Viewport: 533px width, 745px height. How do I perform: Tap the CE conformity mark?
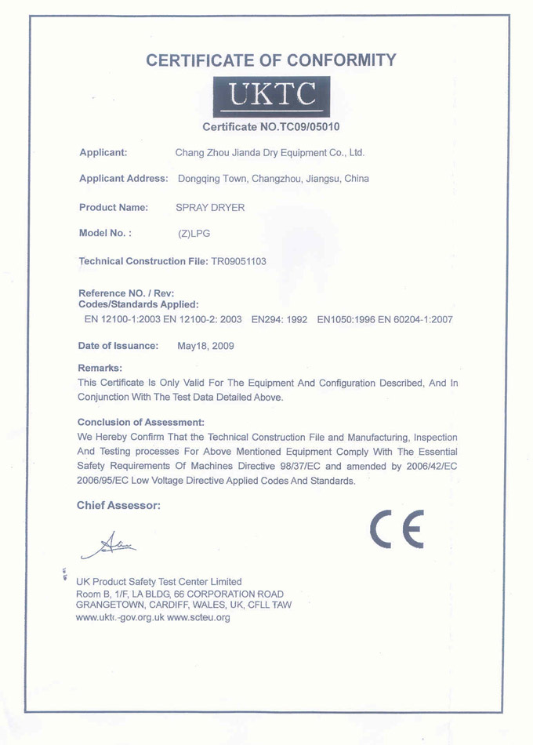[397, 529]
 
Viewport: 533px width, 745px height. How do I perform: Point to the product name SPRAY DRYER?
[210, 208]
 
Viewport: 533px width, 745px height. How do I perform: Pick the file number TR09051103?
[238, 261]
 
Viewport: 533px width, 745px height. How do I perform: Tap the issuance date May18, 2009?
[205, 346]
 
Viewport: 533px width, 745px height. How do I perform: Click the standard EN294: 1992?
[279, 320]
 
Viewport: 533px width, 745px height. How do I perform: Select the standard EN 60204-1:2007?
[415, 320]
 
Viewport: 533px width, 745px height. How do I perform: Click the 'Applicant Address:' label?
[124, 179]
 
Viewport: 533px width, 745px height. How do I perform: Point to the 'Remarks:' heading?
[100, 368]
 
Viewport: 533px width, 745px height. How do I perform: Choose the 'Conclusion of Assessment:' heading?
[141, 423]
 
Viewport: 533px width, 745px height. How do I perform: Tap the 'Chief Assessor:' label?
[118, 506]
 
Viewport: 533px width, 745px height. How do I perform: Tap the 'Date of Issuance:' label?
[118, 346]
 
